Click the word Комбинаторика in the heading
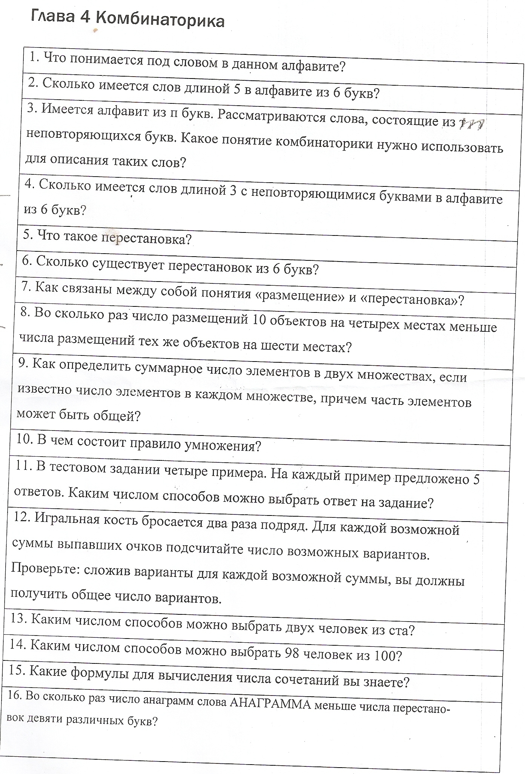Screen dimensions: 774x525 tap(160, 21)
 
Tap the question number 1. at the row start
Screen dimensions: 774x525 tap(35, 57)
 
